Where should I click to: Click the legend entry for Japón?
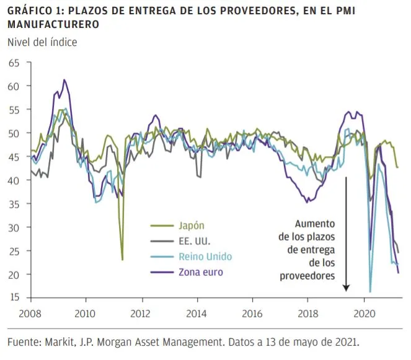click(x=192, y=226)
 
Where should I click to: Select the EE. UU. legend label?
click(x=195, y=241)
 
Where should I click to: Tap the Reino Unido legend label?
click(x=205, y=257)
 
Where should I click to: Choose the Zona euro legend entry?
click(x=201, y=272)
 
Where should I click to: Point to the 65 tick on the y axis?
click(x=14, y=63)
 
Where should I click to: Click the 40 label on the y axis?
click(x=14, y=180)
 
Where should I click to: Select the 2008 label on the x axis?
click(x=30, y=314)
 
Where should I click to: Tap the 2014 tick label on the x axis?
click(x=197, y=314)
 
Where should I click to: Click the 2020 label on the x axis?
click(x=365, y=314)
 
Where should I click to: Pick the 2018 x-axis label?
click(x=308, y=314)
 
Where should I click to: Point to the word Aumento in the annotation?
click(x=315, y=224)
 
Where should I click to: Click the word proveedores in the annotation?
click(x=307, y=276)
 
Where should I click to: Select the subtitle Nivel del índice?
click(x=42, y=42)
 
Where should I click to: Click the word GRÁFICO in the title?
click(x=30, y=11)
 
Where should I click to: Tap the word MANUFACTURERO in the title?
click(x=53, y=24)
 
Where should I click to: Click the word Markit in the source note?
click(x=60, y=342)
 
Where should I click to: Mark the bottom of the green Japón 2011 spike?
click(x=122, y=260)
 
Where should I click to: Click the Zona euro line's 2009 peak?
click(x=64, y=80)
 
